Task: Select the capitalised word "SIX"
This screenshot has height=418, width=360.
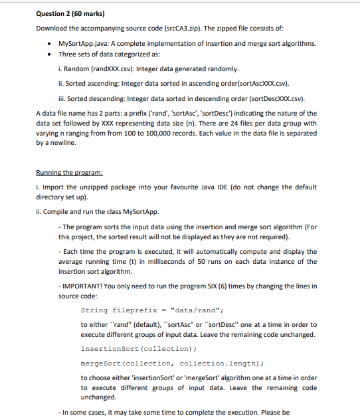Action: (x=216, y=286)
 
